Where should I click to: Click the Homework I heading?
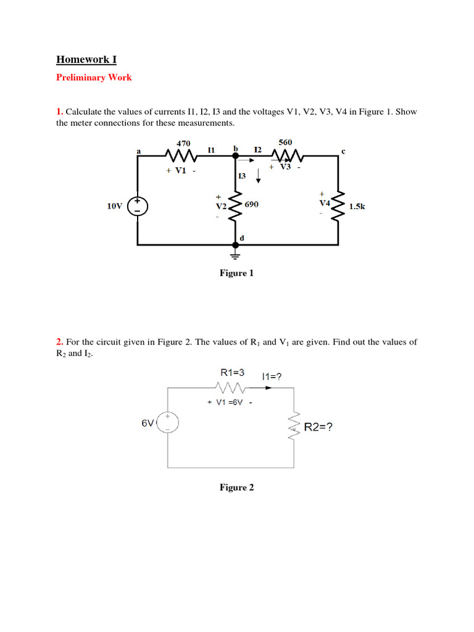[x=86, y=60]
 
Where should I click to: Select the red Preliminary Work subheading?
[x=94, y=78]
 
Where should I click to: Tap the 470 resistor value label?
[x=183, y=143]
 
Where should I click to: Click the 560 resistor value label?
[x=285, y=142]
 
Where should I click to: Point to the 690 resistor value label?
[x=252, y=204]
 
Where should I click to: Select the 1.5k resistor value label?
[x=357, y=207]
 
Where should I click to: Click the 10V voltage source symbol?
[x=137, y=206]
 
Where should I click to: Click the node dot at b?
[x=235, y=156]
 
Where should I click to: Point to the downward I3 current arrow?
[x=258, y=176]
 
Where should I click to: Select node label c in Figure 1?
[x=343, y=150]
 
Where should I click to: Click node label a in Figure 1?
[x=138, y=150]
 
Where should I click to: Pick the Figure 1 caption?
[x=236, y=273]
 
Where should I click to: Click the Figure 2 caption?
[x=236, y=488]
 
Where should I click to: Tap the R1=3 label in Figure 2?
[x=233, y=373]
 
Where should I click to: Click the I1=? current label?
[x=272, y=376]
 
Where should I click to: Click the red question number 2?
[x=60, y=341]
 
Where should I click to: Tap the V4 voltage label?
[x=324, y=202]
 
